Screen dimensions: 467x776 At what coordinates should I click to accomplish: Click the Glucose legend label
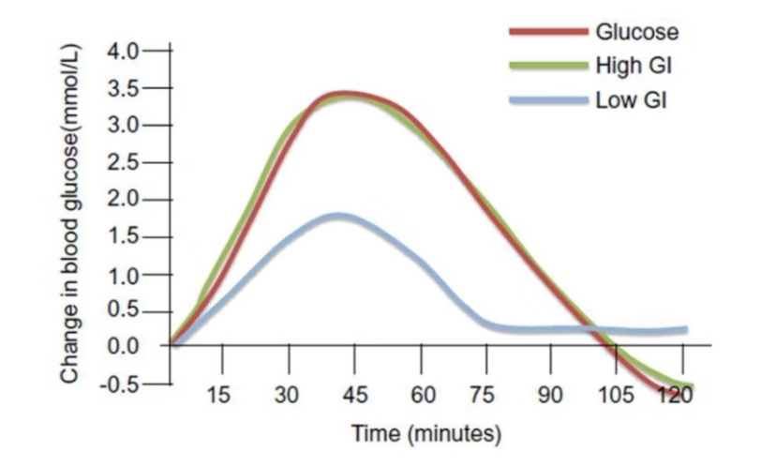(x=636, y=31)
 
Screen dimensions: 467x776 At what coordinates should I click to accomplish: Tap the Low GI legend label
(x=631, y=99)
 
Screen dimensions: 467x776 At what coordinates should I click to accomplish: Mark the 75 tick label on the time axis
(x=484, y=395)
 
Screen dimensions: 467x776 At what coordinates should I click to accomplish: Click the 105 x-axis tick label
(x=616, y=395)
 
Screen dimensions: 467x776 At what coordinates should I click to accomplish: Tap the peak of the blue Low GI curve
(x=338, y=216)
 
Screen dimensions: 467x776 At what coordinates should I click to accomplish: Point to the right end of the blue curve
(x=685, y=329)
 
